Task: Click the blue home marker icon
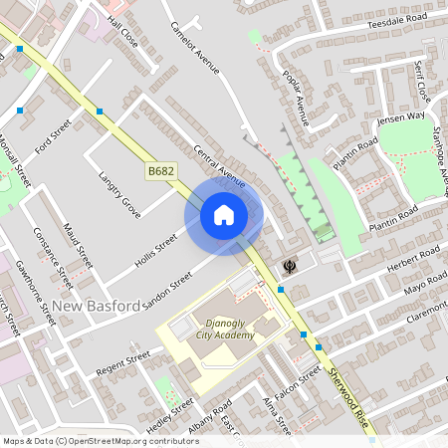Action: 224,215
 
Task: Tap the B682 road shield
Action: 161,172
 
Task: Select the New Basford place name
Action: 97,306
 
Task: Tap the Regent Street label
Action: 122,360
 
